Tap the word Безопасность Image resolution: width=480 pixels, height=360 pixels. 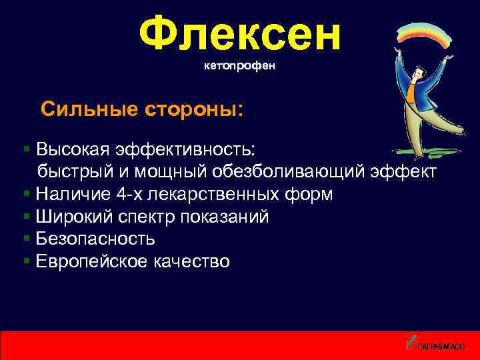(x=96, y=239)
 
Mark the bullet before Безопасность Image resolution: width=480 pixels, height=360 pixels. (x=27, y=239)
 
